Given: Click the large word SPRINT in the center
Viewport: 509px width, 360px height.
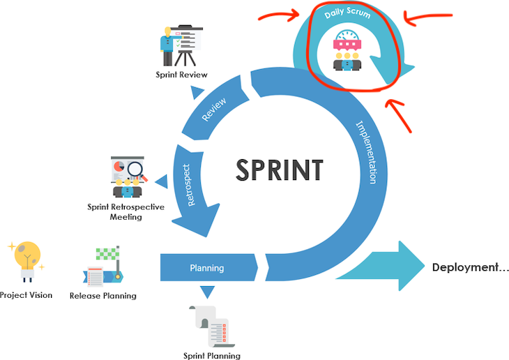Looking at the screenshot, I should (x=280, y=170).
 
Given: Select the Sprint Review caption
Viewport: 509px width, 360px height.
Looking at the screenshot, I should (x=181, y=75).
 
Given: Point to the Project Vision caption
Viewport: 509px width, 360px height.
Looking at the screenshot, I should (x=26, y=295).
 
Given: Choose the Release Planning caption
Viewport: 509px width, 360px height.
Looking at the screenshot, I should (x=102, y=296).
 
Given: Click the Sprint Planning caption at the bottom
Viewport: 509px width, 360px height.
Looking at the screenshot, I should (x=211, y=356).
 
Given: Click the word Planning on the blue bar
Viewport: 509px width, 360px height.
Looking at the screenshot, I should (x=207, y=268).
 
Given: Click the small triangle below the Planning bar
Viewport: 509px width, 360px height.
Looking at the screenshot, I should (x=207, y=292).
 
